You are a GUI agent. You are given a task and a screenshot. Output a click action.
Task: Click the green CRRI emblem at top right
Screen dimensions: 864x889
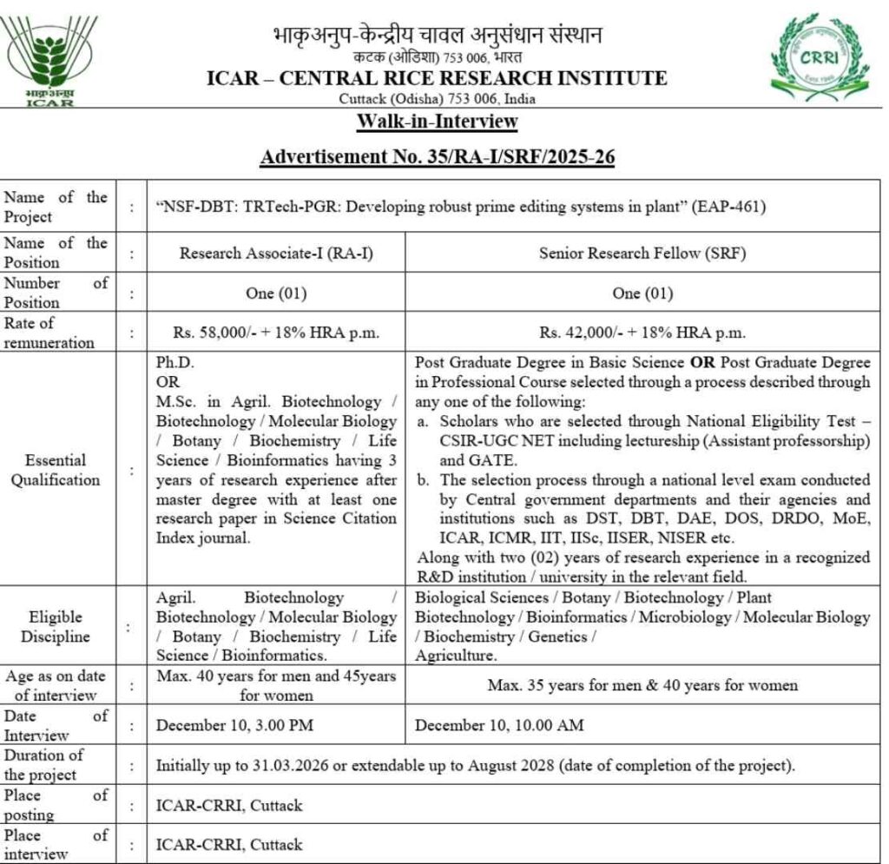pos(815,55)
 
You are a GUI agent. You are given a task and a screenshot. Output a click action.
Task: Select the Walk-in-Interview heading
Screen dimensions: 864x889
pos(438,122)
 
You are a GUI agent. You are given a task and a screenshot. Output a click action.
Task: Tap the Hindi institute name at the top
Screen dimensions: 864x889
pos(437,36)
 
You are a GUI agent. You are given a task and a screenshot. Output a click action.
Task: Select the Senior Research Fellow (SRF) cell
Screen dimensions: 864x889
pos(642,253)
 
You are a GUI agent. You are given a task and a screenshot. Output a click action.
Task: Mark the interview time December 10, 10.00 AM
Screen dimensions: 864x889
pos(499,725)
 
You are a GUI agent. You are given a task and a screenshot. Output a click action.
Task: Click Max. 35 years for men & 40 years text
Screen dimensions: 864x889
pos(642,685)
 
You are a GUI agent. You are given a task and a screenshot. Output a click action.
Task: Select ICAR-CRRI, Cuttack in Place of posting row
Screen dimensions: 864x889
pos(229,805)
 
